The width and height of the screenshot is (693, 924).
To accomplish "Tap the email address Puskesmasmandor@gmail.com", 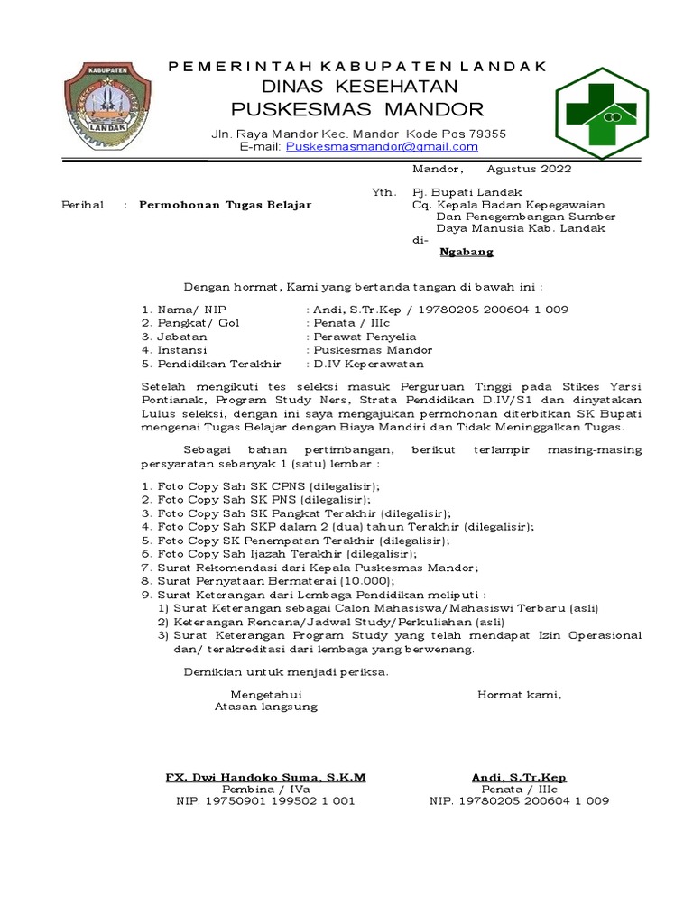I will (x=375, y=146).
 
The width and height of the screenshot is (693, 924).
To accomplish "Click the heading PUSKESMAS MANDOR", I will (x=357, y=110).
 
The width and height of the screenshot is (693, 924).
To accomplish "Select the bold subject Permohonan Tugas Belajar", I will (x=225, y=205).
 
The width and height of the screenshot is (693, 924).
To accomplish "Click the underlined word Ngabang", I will (x=467, y=253).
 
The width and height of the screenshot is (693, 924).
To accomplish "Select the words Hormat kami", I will (x=519, y=694).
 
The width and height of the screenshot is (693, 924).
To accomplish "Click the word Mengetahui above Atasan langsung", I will (x=265, y=694).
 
